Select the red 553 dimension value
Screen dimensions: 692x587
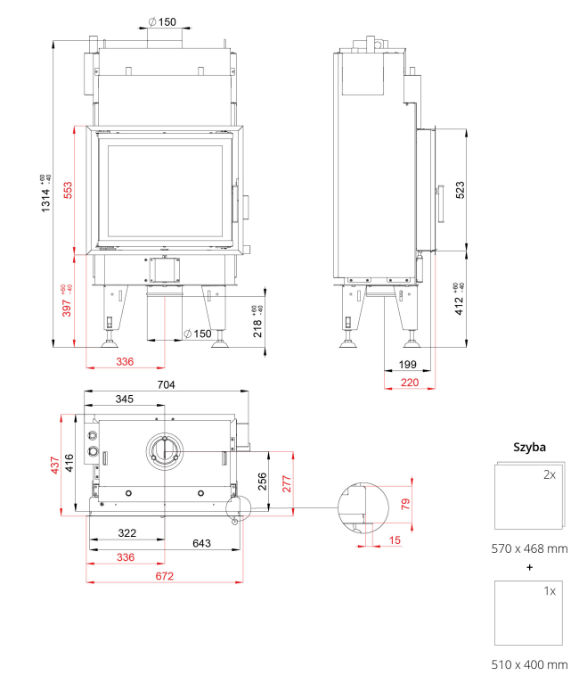click(x=67, y=191)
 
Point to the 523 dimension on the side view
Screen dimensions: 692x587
click(x=461, y=190)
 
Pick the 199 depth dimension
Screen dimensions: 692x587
click(x=408, y=366)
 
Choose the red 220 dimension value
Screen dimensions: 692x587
click(x=409, y=382)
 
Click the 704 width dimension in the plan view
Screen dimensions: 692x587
click(x=167, y=384)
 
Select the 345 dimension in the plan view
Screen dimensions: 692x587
click(x=126, y=399)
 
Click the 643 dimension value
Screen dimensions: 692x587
click(x=201, y=543)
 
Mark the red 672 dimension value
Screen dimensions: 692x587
click(x=163, y=576)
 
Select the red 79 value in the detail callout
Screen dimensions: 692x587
click(x=405, y=504)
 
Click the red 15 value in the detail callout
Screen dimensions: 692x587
click(x=394, y=540)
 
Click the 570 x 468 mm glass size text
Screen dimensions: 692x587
click(x=529, y=548)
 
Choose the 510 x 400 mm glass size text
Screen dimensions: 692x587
click(x=529, y=664)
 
